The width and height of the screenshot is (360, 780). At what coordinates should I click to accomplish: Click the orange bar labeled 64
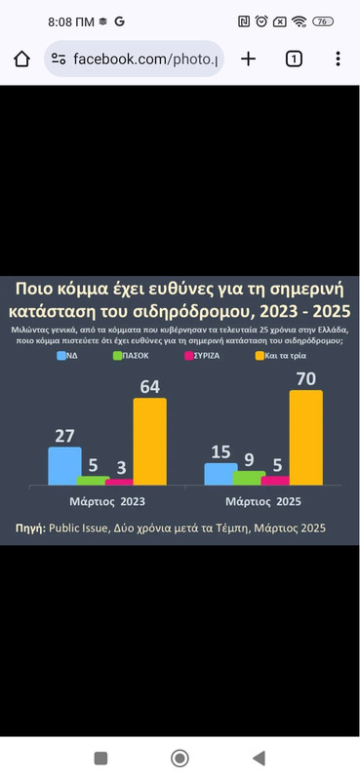[149, 442]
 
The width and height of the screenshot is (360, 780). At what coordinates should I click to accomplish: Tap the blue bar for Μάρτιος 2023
[64, 465]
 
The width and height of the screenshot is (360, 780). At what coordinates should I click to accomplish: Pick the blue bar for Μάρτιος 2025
[220, 473]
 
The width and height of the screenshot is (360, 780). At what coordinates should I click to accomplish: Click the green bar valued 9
[249, 478]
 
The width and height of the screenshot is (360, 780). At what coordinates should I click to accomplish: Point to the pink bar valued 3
[119, 481]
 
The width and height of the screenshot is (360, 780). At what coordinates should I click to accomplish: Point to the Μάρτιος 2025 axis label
[261, 502]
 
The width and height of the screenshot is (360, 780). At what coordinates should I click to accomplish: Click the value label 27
[65, 435]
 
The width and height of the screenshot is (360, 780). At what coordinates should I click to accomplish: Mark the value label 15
[220, 450]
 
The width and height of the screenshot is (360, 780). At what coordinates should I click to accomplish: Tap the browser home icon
[22, 58]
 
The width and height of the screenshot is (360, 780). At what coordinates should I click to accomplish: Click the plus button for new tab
[248, 58]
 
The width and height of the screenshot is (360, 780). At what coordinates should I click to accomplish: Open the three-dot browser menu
[338, 58]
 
